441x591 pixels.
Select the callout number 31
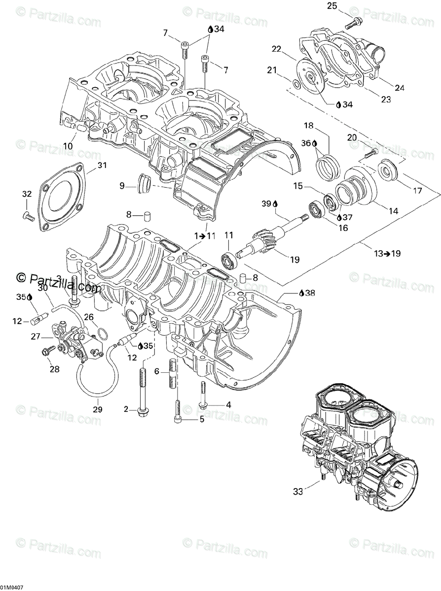102,165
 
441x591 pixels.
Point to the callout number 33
297,491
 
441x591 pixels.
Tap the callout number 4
228,405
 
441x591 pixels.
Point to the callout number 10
68,146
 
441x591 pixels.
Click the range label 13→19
387,254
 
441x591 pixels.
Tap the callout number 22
276,49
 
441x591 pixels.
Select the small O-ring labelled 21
295,85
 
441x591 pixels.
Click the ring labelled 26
103,334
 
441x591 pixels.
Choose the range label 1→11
205,236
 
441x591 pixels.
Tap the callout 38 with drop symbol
306,293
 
